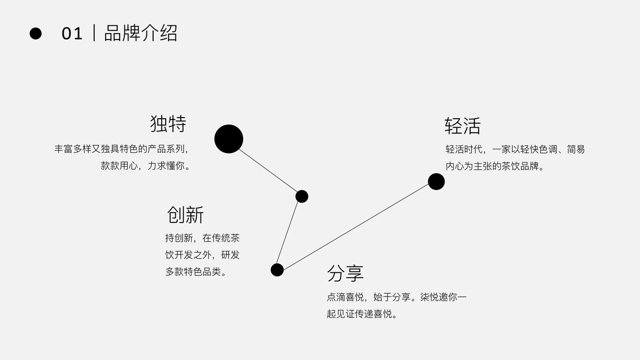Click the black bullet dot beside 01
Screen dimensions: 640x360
pyautogui.click(x=35, y=34)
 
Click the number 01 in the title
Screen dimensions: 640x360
pyautogui.click(x=72, y=34)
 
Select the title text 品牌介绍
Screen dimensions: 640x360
pyautogui.click(x=141, y=33)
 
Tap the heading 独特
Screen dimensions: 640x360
pyautogui.click(x=168, y=124)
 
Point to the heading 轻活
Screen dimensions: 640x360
pyautogui.click(x=462, y=126)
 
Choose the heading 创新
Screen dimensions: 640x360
pyautogui.click(x=186, y=214)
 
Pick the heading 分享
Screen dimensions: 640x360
pyautogui.click(x=345, y=273)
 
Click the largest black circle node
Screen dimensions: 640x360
pyautogui.click(x=229, y=139)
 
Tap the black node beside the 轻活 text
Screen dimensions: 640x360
pyautogui.click(x=436, y=181)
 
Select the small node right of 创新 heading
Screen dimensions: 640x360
pyautogui.click(x=302, y=196)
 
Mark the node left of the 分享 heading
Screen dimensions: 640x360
pyautogui.click(x=277, y=270)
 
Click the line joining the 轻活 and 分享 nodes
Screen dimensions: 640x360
pyautogui.click(x=357, y=226)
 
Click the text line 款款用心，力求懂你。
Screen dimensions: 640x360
pyautogui.click(x=146, y=166)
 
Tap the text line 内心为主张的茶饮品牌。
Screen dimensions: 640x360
pyautogui.click(x=495, y=166)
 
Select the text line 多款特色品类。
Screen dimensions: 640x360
pyautogui.click(x=196, y=271)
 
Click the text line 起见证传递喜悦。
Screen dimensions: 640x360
pyautogui.click(x=363, y=313)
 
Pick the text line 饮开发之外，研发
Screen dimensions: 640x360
pyautogui.click(x=202, y=254)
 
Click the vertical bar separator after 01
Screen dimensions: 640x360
pyautogui.click(x=94, y=34)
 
